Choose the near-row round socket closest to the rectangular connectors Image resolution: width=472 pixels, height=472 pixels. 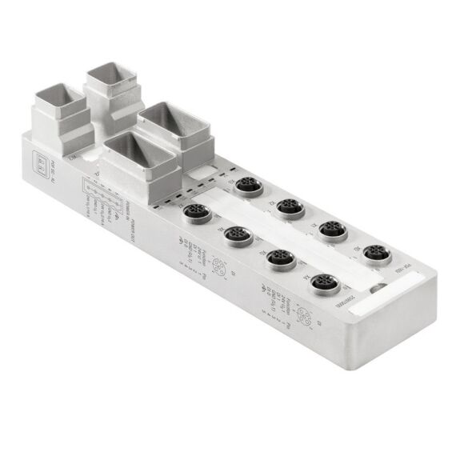coord(196,214)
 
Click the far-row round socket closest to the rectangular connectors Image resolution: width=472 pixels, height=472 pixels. coord(244,186)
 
